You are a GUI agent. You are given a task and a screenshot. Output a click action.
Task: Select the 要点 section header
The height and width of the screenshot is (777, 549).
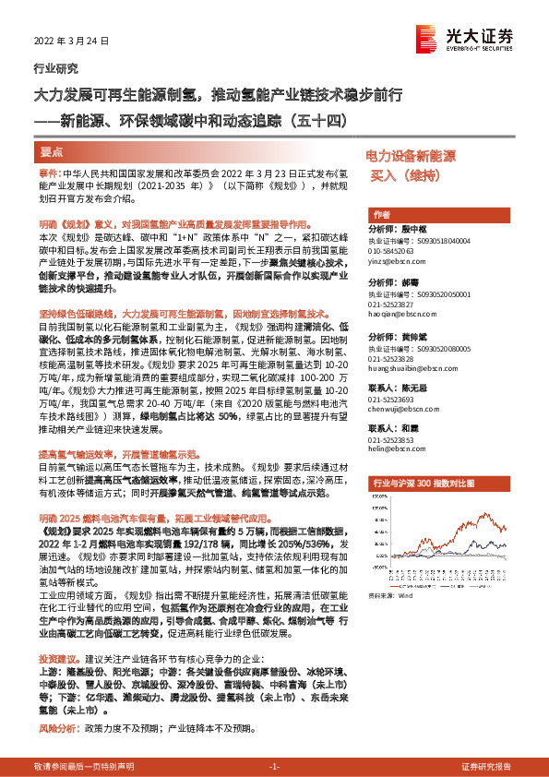pos(53,151)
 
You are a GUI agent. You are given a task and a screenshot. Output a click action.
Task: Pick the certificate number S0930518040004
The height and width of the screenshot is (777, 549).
pos(437,240)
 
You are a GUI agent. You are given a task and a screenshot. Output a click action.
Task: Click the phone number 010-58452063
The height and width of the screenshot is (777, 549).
pos(391,251)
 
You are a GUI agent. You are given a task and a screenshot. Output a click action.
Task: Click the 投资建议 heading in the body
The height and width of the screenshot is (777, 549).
pos(54,660)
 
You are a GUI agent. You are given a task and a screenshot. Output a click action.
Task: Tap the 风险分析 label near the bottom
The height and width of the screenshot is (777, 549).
pos(54,728)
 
